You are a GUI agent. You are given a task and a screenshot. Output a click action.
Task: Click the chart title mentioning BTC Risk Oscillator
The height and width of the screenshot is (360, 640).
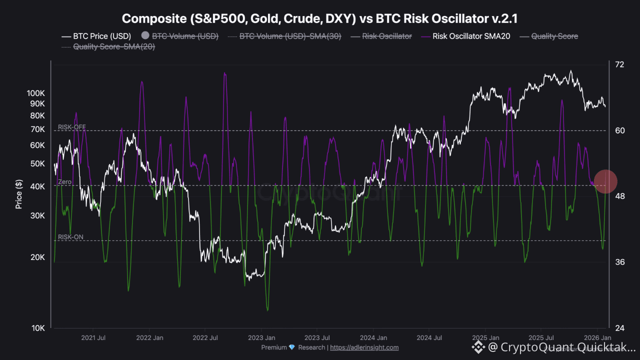[320, 18]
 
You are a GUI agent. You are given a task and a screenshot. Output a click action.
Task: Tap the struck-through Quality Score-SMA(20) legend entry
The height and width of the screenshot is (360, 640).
[113, 46]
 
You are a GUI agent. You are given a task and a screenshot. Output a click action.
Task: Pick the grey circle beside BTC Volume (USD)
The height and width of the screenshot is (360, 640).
[145, 36]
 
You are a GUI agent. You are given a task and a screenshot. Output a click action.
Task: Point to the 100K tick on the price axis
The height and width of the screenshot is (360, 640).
[36, 93]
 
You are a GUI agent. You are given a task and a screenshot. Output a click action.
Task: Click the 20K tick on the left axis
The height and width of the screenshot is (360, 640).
[38, 257]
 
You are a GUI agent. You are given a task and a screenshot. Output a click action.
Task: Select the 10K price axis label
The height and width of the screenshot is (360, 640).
[38, 328]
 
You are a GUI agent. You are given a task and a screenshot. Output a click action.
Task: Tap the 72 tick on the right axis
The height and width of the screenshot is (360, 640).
[619, 64]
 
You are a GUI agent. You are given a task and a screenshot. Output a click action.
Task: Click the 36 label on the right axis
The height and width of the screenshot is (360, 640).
[619, 262]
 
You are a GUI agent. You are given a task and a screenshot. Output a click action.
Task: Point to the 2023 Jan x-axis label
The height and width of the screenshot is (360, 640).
[261, 337]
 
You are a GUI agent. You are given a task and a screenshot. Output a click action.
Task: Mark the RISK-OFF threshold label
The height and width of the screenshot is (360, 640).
[72, 127]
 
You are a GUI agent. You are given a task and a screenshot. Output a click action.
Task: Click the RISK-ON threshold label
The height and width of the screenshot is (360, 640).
[70, 237]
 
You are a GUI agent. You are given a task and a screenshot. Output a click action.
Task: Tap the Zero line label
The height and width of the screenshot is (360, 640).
[65, 182]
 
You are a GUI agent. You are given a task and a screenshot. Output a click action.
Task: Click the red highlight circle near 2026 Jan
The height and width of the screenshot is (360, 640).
[605, 181]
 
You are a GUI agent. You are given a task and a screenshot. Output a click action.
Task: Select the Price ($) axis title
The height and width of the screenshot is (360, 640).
[19, 194]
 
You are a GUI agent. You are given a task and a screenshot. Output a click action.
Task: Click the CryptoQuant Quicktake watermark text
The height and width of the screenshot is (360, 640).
[560, 346]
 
